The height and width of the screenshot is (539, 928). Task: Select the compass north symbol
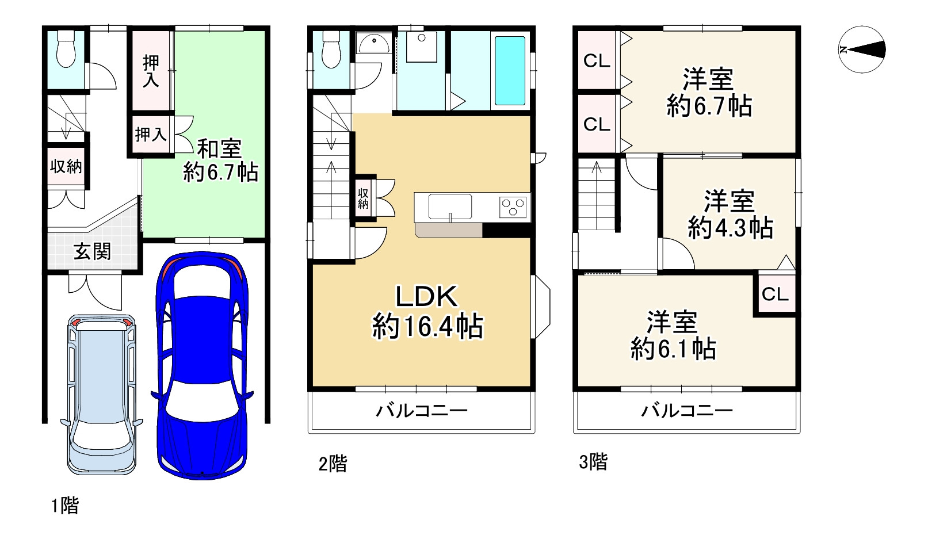(x=861, y=49)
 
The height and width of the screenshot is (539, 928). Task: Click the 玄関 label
(x=92, y=251)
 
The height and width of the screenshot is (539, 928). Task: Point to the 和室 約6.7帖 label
(x=220, y=160)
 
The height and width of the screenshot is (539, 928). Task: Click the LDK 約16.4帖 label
(x=427, y=311)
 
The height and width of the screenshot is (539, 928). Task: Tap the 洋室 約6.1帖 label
(x=673, y=335)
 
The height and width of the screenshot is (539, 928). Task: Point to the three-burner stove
(x=513, y=207)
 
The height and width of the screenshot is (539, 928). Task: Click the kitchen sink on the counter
(x=450, y=207)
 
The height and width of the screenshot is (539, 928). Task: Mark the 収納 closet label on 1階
(x=66, y=167)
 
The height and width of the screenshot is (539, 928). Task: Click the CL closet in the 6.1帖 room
(x=774, y=295)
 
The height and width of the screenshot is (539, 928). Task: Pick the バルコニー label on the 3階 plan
(x=687, y=411)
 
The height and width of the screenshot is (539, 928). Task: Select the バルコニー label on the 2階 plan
(x=422, y=411)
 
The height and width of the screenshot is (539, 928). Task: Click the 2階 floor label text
(x=333, y=464)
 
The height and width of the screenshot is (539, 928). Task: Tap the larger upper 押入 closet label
(x=151, y=71)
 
